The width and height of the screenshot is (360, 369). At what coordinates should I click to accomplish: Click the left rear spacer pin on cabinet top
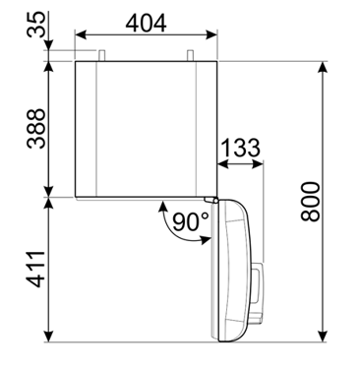pos(99,54)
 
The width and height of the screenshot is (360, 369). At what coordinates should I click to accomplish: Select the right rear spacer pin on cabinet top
pos(191,54)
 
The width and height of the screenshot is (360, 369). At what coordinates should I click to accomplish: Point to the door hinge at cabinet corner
pos(209,200)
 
